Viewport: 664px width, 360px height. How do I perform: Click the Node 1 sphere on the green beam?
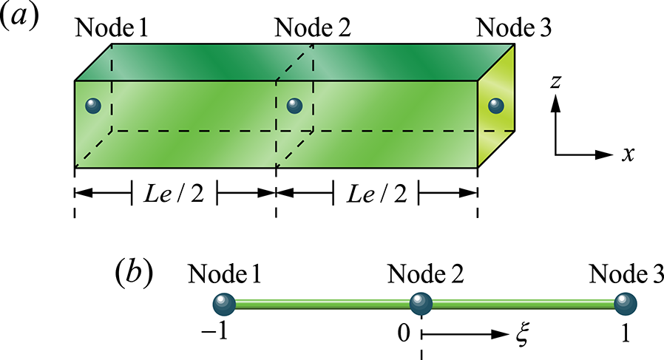pyautogui.click(x=92, y=106)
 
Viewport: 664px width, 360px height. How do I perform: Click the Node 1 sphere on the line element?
pyautogui.click(x=223, y=304)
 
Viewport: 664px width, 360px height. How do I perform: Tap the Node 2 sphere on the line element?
pyautogui.click(x=421, y=304)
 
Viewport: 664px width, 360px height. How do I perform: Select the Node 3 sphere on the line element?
pyautogui.click(x=626, y=304)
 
